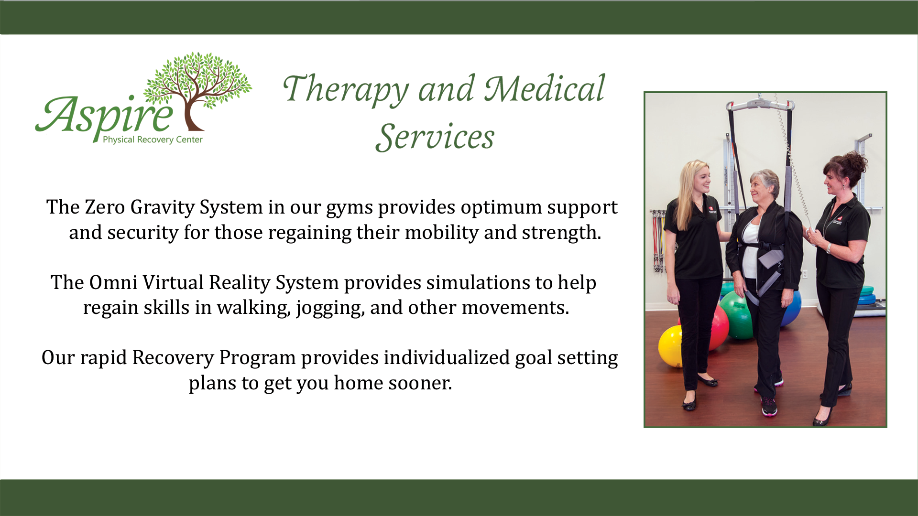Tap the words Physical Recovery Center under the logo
point(153,140)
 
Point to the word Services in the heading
point(435,137)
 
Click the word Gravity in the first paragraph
point(162,208)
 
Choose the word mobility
point(441,233)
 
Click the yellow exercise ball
point(670,346)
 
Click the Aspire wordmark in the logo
point(104,116)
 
